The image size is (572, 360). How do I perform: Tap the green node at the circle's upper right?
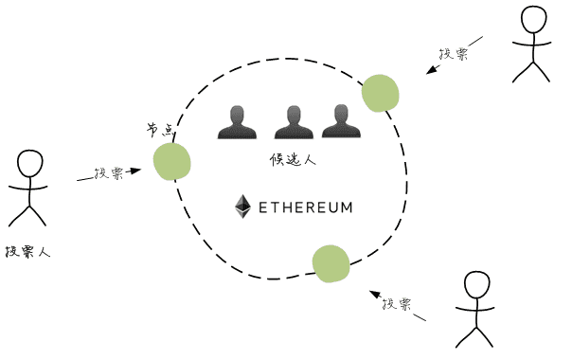coord(381,93)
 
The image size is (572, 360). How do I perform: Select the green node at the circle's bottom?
coord(331,264)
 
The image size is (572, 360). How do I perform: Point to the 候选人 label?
coord(293,160)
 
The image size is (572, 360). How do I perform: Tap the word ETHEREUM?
coord(305,206)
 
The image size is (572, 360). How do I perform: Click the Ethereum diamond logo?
coord(243,206)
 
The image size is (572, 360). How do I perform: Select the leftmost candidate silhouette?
coord(237,122)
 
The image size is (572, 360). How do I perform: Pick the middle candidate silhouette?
coord(293,122)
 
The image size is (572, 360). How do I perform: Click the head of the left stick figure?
coord(30,162)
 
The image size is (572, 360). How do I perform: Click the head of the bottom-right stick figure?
coord(478,285)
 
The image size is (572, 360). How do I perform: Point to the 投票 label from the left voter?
coord(108,174)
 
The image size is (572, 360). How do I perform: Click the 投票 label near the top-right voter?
coord(454,54)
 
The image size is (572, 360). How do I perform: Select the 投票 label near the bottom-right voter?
coord(396,304)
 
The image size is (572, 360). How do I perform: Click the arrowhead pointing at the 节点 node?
coord(135,171)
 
